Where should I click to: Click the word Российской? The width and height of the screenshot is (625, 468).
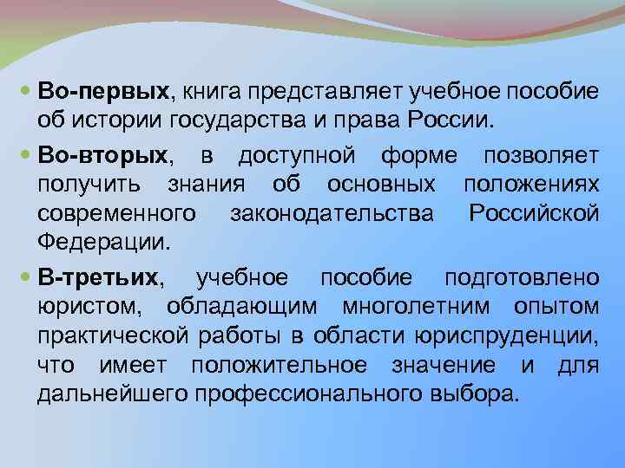click(532, 212)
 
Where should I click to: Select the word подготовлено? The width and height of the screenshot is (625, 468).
click(521, 277)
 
